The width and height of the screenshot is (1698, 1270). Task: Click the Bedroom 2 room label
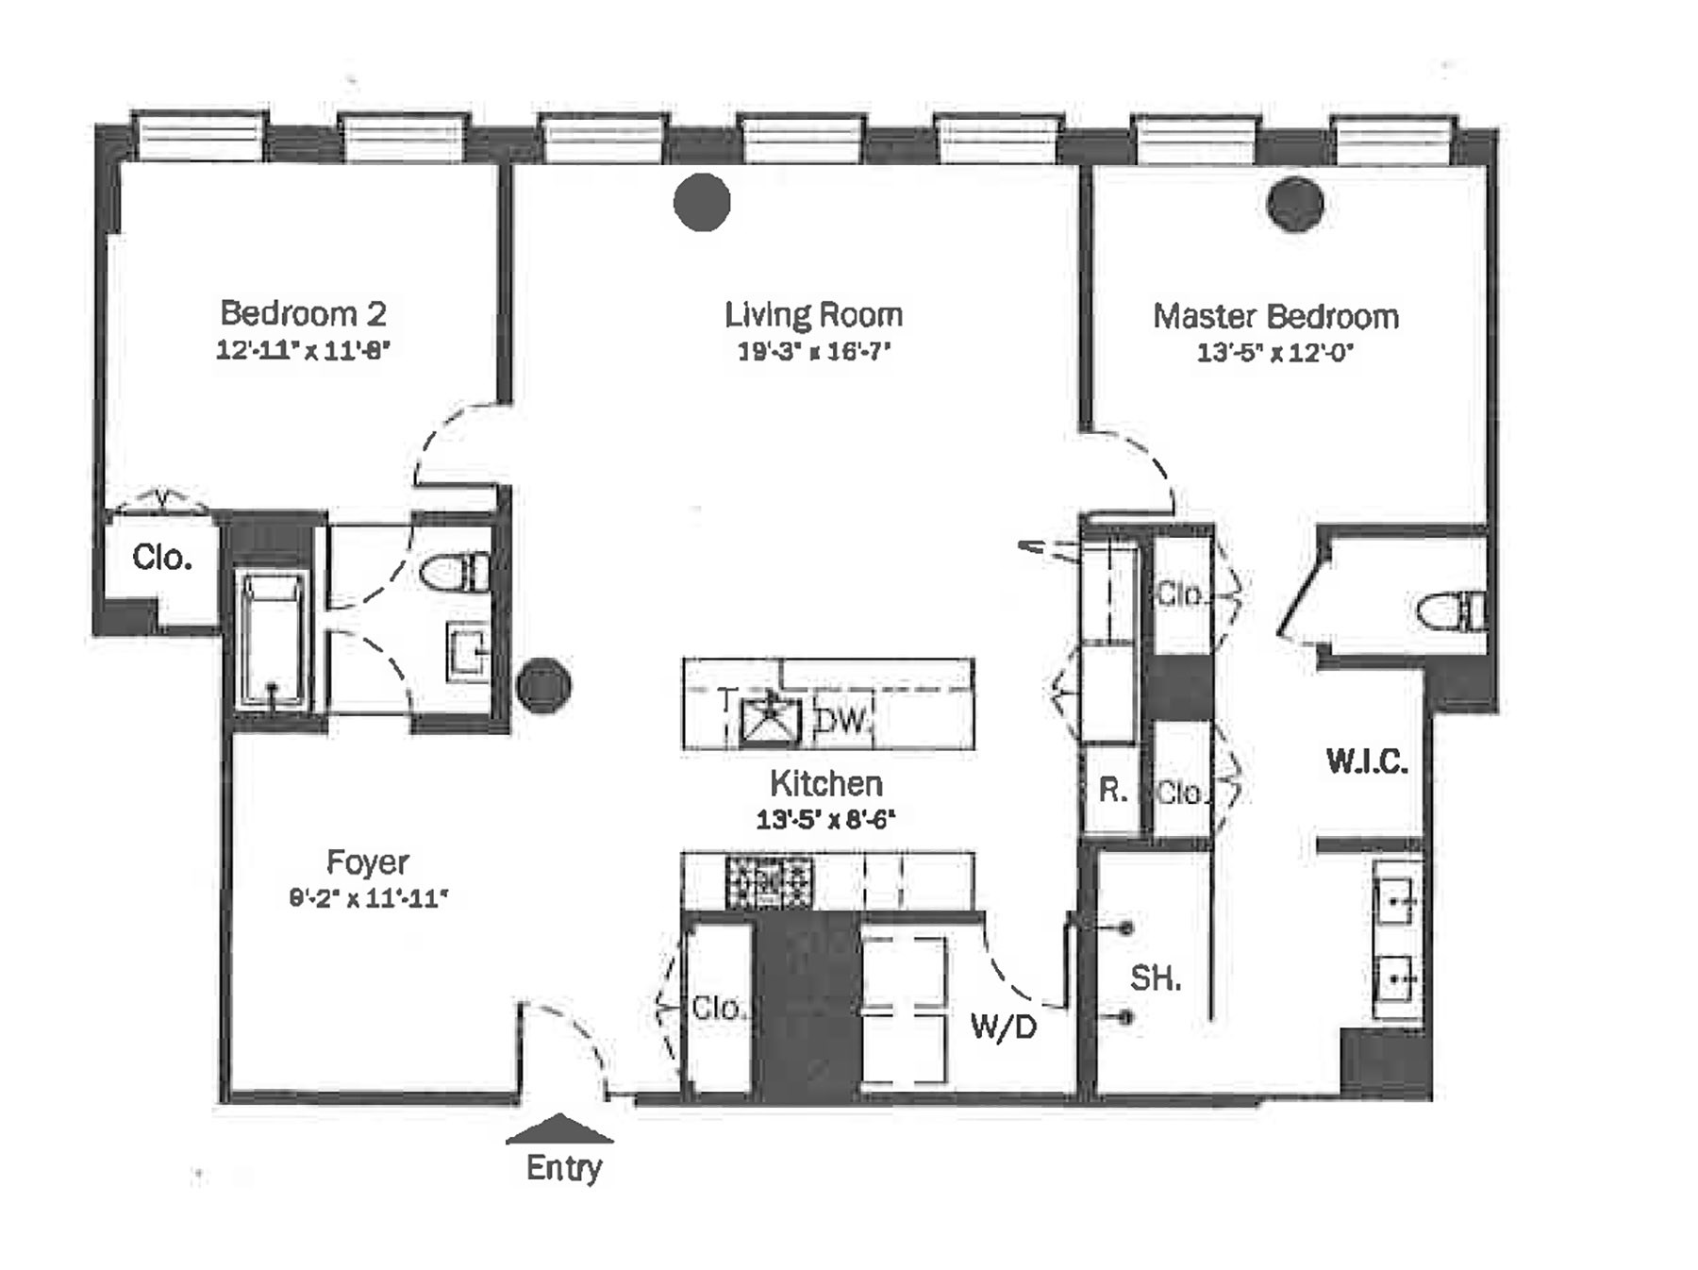303,313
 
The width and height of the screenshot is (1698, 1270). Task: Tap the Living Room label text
813,314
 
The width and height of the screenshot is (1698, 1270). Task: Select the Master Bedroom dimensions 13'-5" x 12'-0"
1275,353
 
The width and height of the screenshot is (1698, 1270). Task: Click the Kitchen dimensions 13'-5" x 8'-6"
825,819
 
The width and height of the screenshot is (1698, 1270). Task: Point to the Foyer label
367,861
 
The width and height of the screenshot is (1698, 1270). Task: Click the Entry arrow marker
559,1129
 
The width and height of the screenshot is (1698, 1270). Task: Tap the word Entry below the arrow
563,1168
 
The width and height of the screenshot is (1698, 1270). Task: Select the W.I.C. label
1367,760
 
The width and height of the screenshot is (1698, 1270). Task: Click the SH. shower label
1156,978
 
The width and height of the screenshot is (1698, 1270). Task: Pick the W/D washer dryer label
1003,1027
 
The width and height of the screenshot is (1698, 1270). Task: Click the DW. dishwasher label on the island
841,721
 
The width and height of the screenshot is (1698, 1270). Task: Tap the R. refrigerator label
1112,790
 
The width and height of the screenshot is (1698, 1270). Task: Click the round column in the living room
702,202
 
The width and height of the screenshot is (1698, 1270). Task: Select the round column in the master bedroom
1295,204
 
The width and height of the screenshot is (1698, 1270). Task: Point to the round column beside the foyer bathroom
544,685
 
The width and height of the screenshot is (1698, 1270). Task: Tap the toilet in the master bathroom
1452,611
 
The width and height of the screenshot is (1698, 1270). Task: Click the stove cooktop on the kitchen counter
768,882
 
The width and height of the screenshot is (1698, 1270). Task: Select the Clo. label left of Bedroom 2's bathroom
162,558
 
